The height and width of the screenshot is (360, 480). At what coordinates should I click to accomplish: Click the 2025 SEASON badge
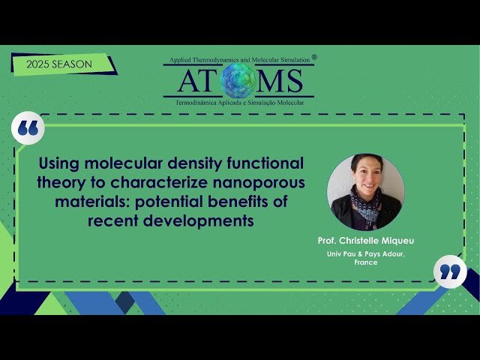(59, 64)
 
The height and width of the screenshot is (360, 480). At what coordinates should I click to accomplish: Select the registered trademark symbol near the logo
(314, 56)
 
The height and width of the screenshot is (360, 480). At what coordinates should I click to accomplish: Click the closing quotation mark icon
(450, 271)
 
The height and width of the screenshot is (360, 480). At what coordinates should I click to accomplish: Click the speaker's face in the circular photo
(364, 173)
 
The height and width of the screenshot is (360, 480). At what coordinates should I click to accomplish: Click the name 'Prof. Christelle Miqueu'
(366, 241)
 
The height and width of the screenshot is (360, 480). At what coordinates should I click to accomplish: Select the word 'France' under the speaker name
(366, 263)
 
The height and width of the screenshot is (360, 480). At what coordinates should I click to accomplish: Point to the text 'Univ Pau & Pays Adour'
(366, 254)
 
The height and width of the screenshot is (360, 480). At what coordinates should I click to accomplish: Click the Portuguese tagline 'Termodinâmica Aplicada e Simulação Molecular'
(239, 101)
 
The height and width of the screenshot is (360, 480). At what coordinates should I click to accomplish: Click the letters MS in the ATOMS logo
(281, 80)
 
